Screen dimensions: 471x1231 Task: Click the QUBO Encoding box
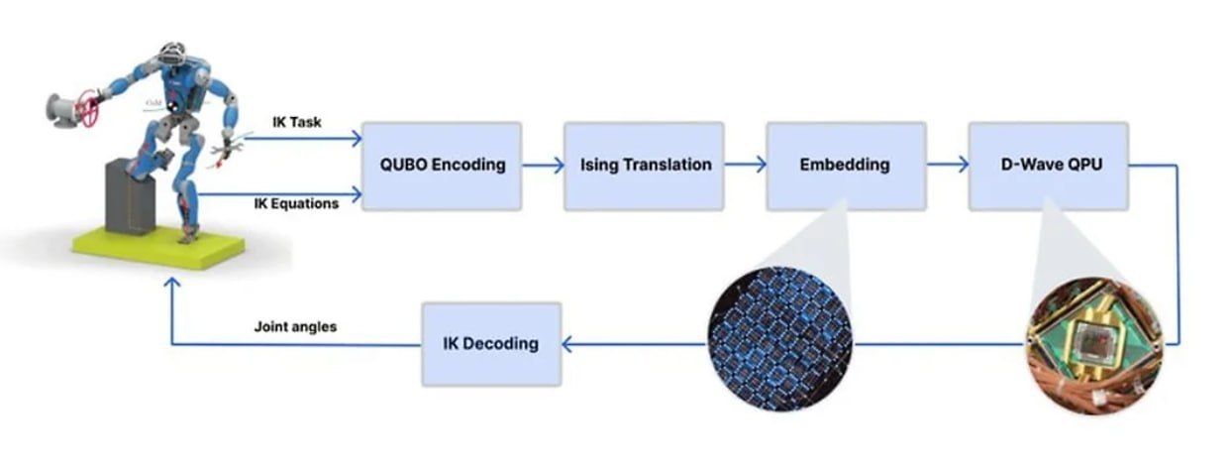click(441, 166)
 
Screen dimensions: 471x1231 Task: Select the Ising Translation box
click(644, 166)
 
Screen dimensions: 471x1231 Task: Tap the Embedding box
click(846, 166)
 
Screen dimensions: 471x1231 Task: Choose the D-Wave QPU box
click(1048, 166)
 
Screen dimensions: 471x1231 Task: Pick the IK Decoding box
click(491, 344)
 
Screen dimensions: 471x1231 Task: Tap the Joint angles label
click(294, 326)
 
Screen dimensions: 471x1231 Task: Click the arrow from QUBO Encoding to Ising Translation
click(543, 166)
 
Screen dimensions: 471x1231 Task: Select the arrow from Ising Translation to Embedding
click(745, 166)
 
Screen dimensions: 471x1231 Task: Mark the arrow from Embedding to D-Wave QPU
click(947, 166)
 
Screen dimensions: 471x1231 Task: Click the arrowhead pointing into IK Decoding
click(568, 344)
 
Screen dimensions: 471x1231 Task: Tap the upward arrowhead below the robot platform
click(171, 285)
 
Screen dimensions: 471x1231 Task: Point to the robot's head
click(175, 56)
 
